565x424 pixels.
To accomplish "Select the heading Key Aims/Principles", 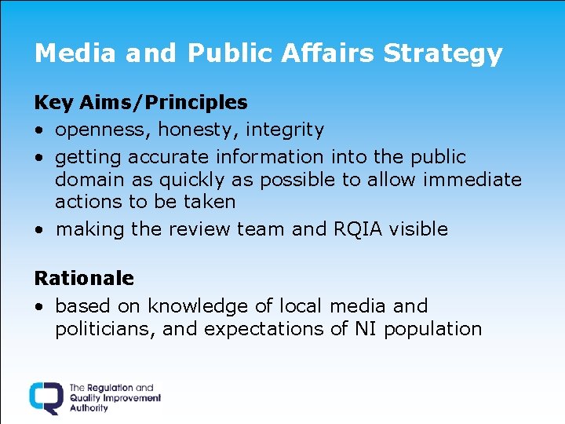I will (x=140, y=102).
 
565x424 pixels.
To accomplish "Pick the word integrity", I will (x=284, y=130).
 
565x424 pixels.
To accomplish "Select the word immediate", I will (x=472, y=179).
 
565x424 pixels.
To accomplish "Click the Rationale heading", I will (x=84, y=278).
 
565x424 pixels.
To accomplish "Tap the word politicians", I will (x=107, y=328).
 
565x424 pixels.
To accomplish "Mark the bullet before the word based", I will (x=38, y=306).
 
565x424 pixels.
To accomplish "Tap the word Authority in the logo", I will (x=89, y=408).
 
